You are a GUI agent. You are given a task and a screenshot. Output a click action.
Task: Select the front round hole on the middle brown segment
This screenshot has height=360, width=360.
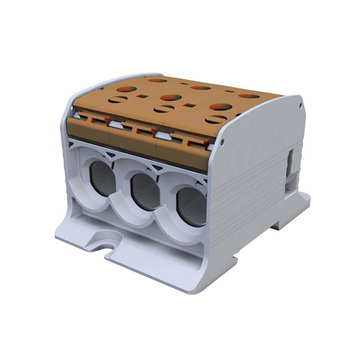click(x=170, y=97)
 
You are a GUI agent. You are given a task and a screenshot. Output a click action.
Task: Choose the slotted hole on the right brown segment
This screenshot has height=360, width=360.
click(x=215, y=119)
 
